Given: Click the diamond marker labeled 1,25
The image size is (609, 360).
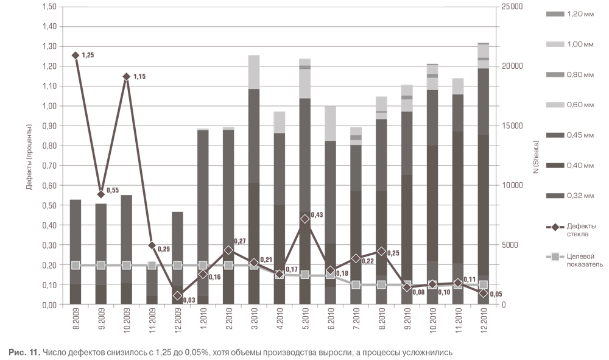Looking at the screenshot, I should (76, 55).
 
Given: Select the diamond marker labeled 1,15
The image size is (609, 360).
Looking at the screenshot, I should (127, 76).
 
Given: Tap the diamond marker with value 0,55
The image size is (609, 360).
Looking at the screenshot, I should (101, 194).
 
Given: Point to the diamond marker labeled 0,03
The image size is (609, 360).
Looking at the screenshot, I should (177, 295).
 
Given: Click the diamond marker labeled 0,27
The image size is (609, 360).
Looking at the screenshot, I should (228, 250).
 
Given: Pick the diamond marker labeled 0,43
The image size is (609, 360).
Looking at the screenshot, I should (305, 219).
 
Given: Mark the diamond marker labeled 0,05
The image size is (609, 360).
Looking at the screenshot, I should (483, 294).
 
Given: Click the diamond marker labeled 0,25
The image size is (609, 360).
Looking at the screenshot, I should (381, 251).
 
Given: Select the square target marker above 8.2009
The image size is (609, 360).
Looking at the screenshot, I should (76, 265).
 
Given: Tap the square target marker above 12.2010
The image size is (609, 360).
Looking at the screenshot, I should (483, 285).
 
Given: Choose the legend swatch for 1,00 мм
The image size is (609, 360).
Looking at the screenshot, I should (555, 44).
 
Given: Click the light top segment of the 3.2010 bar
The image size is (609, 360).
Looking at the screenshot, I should (254, 72).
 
